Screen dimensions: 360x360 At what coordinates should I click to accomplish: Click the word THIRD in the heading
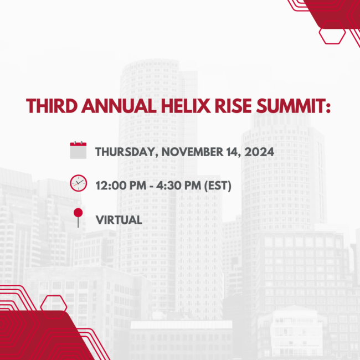pyautogui.click(x=51, y=106)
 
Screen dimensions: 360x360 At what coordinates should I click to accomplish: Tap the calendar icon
pyautogui.click(x=78, y=151)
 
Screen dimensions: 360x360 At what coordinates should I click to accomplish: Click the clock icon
pyautogui.click(x=78, y=182)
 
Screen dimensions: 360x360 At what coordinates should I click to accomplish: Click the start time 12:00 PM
pyautogui.click(x=121, y=185)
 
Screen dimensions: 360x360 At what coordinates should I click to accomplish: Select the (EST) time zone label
pyautogui.click(x=218, y=185)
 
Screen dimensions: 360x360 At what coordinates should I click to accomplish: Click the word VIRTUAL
pyautogui.click(x=119, y=219)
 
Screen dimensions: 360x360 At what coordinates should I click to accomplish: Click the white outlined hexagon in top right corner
pyautogui.click(x=332, y=35)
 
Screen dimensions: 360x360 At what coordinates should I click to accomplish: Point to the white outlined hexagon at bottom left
pyautogui.click(x=54, y=303)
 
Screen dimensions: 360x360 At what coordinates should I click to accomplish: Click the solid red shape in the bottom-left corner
pyautogui.click(x=33, y=338)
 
